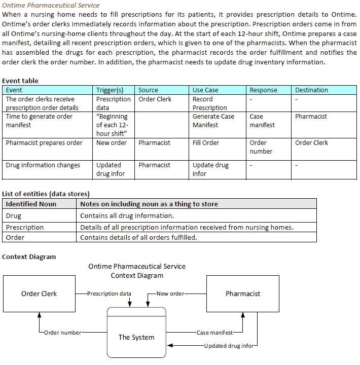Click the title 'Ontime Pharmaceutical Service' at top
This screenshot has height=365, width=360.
click(x=51, y=5)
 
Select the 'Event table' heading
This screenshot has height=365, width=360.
click(x=20, y=81)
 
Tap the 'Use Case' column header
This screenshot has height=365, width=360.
click(x=205, y=90)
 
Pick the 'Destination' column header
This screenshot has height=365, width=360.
click(x=311, y=90)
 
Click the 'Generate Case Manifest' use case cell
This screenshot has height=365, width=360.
click(x=213, y=121)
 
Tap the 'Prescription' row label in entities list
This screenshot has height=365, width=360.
click(x=25, y=227)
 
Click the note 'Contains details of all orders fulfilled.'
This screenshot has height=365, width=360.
click(x=138, y=237)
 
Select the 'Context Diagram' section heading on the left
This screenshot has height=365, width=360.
click(x=29, y=257)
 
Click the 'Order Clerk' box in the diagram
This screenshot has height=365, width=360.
click(x=39, y=294)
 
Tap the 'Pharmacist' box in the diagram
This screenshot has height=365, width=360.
click(x=242, y=294)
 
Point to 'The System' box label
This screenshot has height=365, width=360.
click(x=136, y=337)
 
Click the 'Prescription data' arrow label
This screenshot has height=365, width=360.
click(x=109, y=294)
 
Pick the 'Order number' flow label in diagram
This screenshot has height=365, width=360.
click(x=62, y=333)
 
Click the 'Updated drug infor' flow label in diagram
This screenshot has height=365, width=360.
click(x=229, y=346)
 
